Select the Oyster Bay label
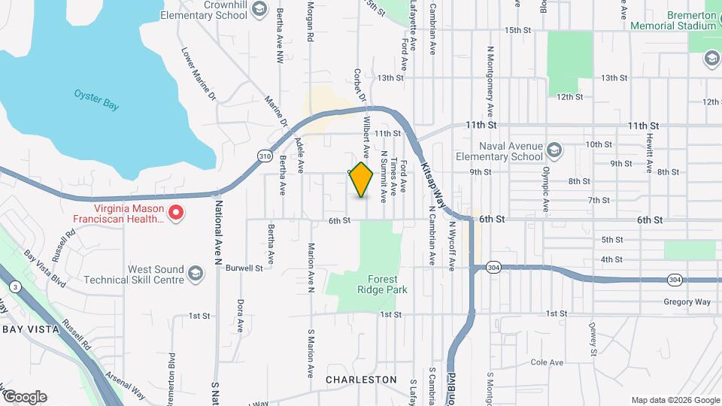click(96, 99)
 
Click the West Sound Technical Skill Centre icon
click(196, 272)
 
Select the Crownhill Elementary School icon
click(259, 8)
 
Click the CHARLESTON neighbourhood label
click(361, 380)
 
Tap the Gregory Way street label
click(687, 302)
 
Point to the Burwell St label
click(244, 267)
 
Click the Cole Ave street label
click(547, 362)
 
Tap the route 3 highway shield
click(14, 286)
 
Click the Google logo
click(25, 396)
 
